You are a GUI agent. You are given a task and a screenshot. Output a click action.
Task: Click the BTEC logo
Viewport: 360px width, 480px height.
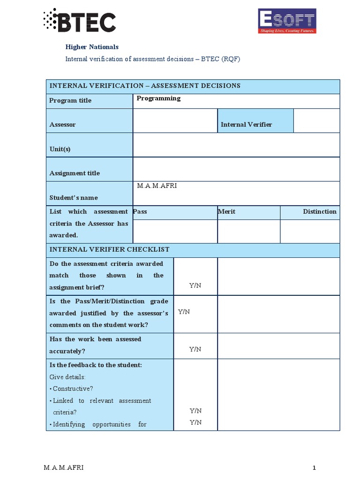pyautogui.click(x=79, y=21)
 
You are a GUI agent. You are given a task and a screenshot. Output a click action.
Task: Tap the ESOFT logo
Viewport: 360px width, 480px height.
pyautogui.click(x=287, y=21)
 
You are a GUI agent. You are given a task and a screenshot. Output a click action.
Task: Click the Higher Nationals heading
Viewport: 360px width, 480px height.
pyautogui.click(x=91, y=47)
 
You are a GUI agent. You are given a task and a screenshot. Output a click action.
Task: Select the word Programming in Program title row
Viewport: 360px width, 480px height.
pyautogui.click(x=158, y=98)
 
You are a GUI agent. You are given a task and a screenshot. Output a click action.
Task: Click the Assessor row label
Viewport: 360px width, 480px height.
pyautogui.click(x=62, y=124)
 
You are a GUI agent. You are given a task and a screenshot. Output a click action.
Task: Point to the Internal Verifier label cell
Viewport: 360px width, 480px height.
pyautogui.click(x=246, y=124)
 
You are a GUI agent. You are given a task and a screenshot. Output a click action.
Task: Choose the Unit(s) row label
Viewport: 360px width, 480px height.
pyautogui.click(x=60, y=149)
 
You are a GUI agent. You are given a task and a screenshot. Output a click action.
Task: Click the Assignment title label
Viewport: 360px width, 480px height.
pyautogui.click(x=75, y=173)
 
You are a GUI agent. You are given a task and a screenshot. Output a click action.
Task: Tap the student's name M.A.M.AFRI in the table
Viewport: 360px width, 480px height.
pyautogui.click(x=157, y=186)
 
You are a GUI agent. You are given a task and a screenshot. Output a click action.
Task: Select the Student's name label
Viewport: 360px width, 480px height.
pyautogui.click(x=74, y=197)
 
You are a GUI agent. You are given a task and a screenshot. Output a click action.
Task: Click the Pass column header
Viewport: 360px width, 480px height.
pyautogui.click(x=140, y=211)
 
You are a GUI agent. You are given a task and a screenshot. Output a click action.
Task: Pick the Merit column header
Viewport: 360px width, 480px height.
pyautogui.click(x=227, y=211)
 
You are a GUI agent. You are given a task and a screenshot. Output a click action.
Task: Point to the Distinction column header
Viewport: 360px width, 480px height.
pyautogui.click(x=320, y=211)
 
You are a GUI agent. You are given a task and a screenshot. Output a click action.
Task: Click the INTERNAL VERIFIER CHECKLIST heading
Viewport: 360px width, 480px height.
pyautogui.click(x=110, y=249)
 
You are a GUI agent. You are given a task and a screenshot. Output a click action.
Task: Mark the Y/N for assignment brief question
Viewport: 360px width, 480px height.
pyautogui.click(x=195, y=285)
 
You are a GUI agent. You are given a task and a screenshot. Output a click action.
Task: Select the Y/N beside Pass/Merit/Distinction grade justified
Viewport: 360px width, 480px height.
pyautogui.click(x=184, y=312)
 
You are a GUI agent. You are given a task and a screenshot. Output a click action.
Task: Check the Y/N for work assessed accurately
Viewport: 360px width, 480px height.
pyautogui.click(x=195, y=349)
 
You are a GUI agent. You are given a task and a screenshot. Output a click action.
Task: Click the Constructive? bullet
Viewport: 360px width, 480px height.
pyautogui.click(x=73, y=389)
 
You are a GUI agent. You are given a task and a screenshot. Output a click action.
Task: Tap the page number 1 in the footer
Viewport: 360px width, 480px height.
pyautogui.click(x=315, y=467)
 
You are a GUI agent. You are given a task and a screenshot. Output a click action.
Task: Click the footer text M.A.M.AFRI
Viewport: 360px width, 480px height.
pyautogui.click(x=64, y=467)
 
